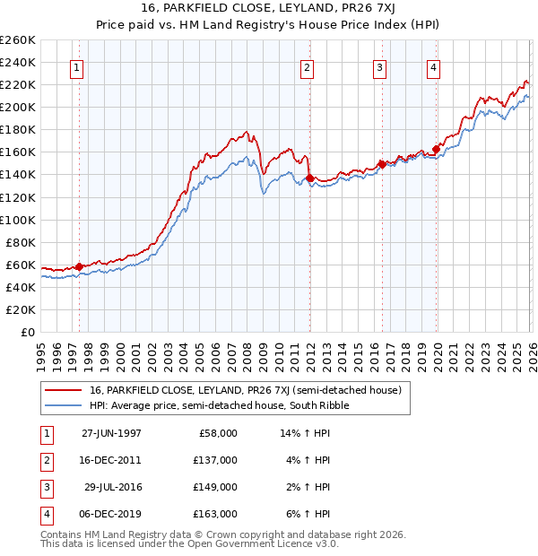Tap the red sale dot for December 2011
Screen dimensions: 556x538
pyautogui.click(x=309, y=178)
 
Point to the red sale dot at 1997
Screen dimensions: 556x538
pyautogui.click(x=80, y=266)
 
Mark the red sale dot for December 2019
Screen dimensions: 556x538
pyautogui.click(x=437, y=149)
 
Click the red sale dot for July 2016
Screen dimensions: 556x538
pyautogui.click(x=382, y=164)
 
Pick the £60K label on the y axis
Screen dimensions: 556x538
pyautogui.click(x=21, y=265)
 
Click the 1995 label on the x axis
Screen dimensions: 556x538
pyautogui.click(x=41, y=349)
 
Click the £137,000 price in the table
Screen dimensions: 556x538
pyautogui.click(x=215, y=459)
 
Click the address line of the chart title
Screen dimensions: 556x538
pyautogui.click(x=269, y=8)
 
